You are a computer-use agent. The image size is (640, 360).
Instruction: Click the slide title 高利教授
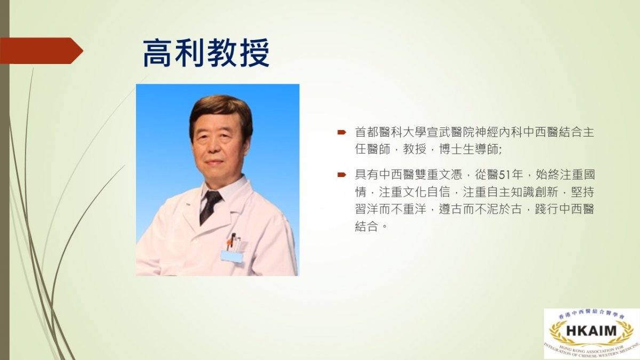206,53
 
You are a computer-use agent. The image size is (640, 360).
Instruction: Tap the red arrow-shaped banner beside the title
42,51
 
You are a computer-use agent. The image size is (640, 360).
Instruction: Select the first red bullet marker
341,132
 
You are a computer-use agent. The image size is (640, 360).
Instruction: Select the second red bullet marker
341,174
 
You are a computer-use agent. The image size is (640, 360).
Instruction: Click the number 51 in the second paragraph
505,174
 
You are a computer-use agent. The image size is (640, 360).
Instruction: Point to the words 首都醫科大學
390,132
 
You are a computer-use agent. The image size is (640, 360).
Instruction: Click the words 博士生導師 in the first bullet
469,149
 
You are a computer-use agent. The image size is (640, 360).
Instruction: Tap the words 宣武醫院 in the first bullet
451,132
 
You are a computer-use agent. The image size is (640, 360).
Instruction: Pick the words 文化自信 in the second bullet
427,191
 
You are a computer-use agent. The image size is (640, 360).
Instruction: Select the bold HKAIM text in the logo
591,331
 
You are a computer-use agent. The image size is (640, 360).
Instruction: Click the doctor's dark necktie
210,206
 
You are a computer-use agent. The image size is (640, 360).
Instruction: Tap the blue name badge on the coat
231,257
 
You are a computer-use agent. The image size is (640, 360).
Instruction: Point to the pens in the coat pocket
234,242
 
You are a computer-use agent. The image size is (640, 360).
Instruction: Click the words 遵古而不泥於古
481,209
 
